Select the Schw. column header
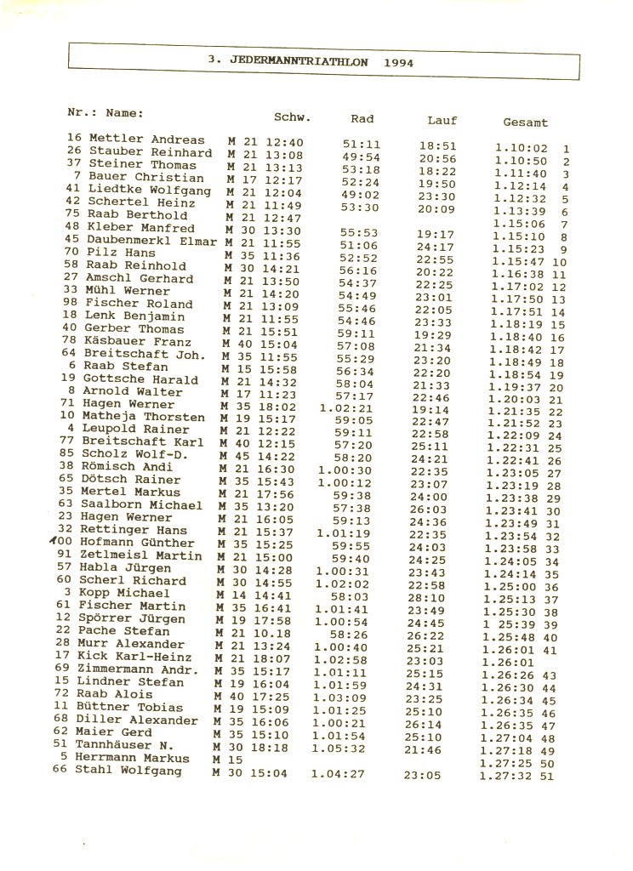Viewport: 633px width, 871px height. click(292, 117)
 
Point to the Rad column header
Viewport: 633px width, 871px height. click(362, 119)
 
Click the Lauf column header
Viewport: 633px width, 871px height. click(442, 121)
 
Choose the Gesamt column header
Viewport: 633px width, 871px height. click(525, 122)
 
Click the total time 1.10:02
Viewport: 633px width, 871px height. click(521, 148)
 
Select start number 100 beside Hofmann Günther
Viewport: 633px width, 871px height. click(66, 543)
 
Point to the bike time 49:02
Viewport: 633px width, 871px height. click(361, 194)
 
